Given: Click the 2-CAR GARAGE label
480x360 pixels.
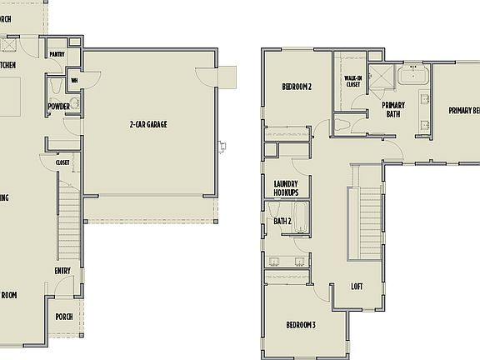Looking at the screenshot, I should tap(147, 124).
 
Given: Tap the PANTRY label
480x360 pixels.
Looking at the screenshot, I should tap(57, 54).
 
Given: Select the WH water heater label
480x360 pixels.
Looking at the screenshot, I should tap(74, 81).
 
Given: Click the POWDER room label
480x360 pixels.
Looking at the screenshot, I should tap(58, 107).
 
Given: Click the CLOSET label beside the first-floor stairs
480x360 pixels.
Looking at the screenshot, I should tap(62, 162).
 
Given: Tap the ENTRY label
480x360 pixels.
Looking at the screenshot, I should tap(62, 270).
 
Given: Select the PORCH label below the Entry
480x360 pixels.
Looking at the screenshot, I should tap(63, 317).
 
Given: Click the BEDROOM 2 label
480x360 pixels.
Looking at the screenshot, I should tap(296, 86).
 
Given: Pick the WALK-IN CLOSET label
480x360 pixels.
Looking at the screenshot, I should tap(352, 81).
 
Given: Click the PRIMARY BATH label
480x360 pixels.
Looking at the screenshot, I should tap(392, 109).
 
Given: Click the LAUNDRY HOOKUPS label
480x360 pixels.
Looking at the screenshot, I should tap(286, 187).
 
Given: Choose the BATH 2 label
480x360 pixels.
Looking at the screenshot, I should tap(282, 221).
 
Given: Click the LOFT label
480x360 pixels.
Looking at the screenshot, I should tap(357, 287).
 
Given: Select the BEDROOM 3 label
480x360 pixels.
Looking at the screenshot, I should tap(301, 324).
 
